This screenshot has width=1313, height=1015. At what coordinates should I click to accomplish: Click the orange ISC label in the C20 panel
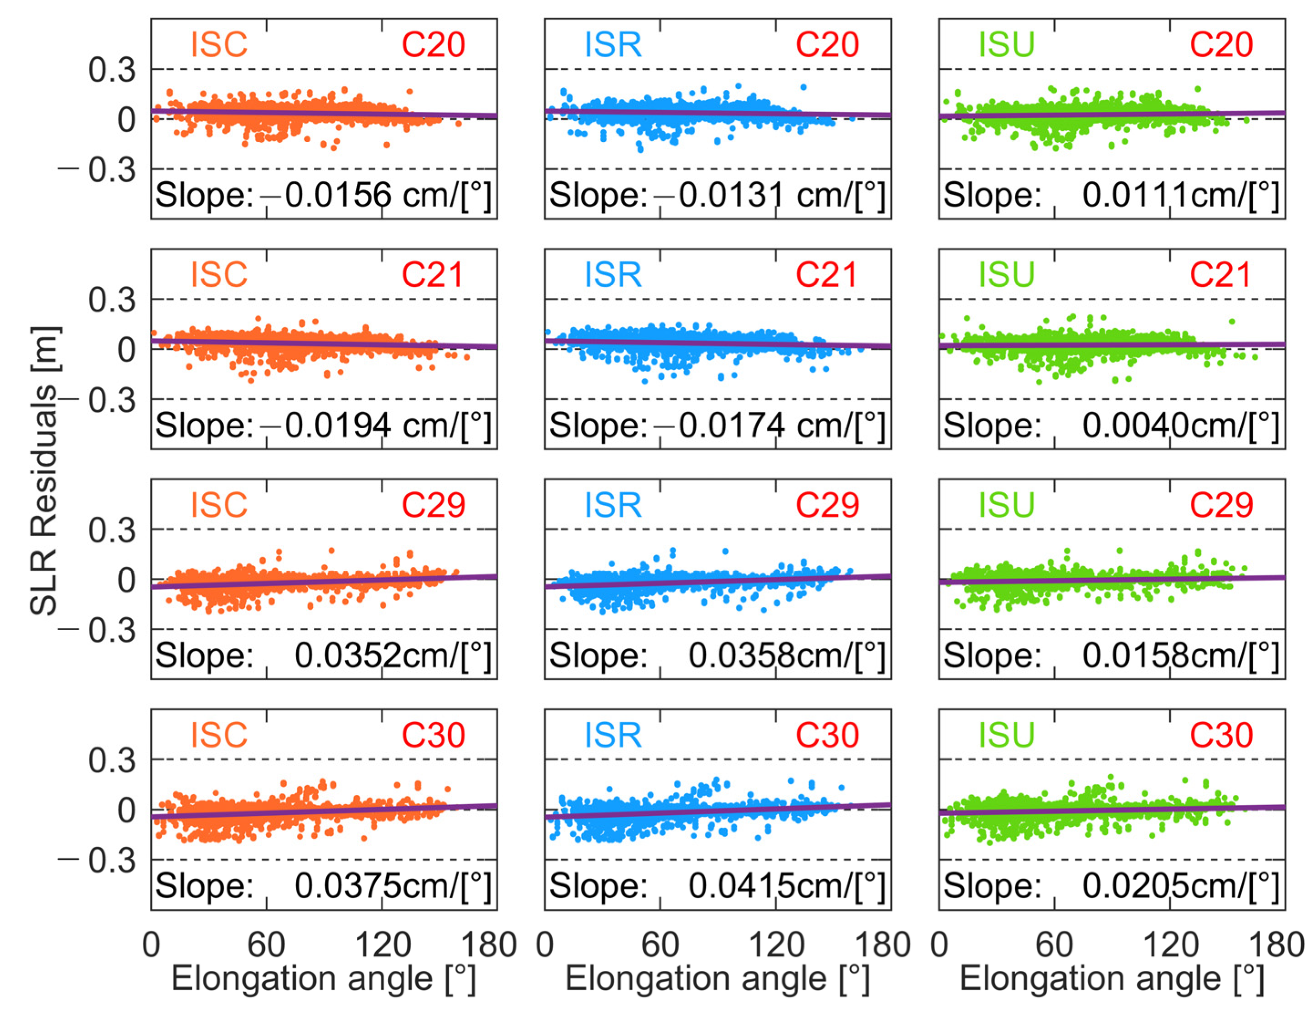[219, 45]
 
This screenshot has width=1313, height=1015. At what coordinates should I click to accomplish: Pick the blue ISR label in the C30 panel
[613, 735]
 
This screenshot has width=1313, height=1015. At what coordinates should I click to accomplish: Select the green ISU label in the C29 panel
[1006, 505]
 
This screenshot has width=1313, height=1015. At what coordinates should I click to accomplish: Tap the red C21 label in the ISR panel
[826, 275]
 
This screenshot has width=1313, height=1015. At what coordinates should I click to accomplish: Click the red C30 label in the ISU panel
[1221, 735]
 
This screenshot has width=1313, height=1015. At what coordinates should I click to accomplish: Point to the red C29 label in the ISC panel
[433, 505]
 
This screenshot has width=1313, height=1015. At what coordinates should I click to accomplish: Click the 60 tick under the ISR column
[660, 945]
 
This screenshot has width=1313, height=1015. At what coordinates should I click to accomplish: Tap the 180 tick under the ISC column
[488, 945]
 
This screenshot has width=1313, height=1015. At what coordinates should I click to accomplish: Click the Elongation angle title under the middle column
[717, 979]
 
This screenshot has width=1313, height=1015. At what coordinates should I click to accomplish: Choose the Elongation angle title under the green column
[1111, 979]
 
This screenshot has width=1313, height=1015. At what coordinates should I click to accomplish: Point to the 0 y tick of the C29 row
[126, 581]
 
